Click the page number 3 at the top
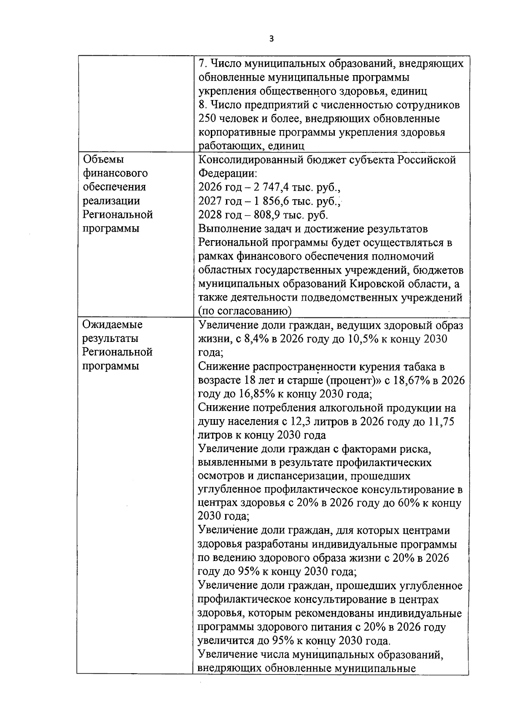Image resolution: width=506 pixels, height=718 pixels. coord(271,39)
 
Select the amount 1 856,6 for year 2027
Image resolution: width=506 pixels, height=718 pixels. coord(267,201)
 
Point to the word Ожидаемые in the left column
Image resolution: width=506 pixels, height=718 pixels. coord(113,325)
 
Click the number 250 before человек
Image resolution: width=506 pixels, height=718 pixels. coord(207,119)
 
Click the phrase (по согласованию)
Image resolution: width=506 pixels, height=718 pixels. coord(245,311)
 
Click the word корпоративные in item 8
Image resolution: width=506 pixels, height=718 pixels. coord(237,132)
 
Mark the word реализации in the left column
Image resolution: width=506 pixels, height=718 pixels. coord(111,201)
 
